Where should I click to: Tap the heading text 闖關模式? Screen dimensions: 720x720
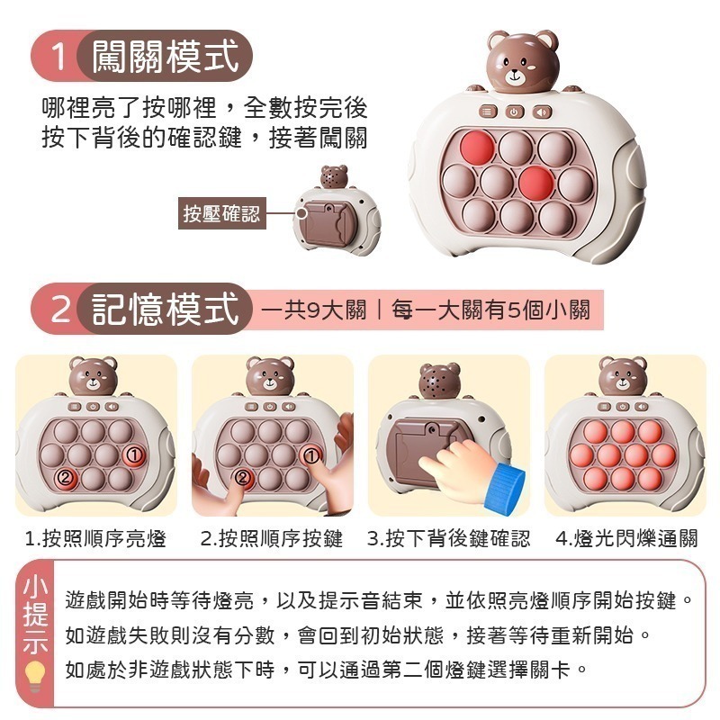point(166,57)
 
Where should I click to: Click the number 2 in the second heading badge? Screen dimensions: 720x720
point(59,310)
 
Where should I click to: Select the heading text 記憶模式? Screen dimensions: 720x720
point(166,310)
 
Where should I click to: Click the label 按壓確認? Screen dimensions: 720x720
point(220,214)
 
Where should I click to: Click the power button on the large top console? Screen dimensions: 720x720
point(513,112)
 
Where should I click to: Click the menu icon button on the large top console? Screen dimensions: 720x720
point(487,112)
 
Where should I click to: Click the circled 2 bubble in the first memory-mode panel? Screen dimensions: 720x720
point(64,476)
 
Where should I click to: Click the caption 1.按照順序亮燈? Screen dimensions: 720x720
point(95,539)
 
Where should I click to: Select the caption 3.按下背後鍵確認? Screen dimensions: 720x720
point(448,539)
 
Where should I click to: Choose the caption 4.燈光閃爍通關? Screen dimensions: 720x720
point(626,539)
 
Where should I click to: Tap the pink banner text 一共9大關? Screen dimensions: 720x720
point(314,311)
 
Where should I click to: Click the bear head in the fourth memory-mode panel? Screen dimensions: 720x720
point(624,376)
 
